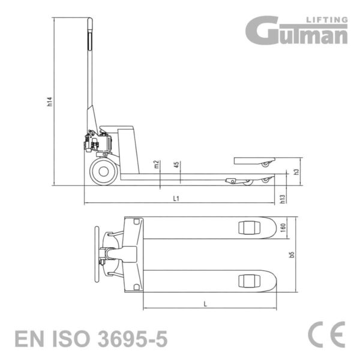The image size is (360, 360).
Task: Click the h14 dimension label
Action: click(x=50, y=102)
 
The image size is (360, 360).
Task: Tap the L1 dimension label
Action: click(x=176, y=199)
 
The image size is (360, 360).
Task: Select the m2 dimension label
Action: click(x=157, y=164)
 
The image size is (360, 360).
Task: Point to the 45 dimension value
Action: click(x=176, y=164)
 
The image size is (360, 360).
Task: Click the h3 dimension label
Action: click(x=296, y=172)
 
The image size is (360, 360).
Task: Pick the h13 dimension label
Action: click(x=283, y=199)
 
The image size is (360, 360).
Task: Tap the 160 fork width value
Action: click(x=283, y=227)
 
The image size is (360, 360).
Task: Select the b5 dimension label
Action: click(x=292, y=254)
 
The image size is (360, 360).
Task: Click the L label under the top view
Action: click(x=205, y=304)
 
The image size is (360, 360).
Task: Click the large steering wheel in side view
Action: click(x=104, y=172)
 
